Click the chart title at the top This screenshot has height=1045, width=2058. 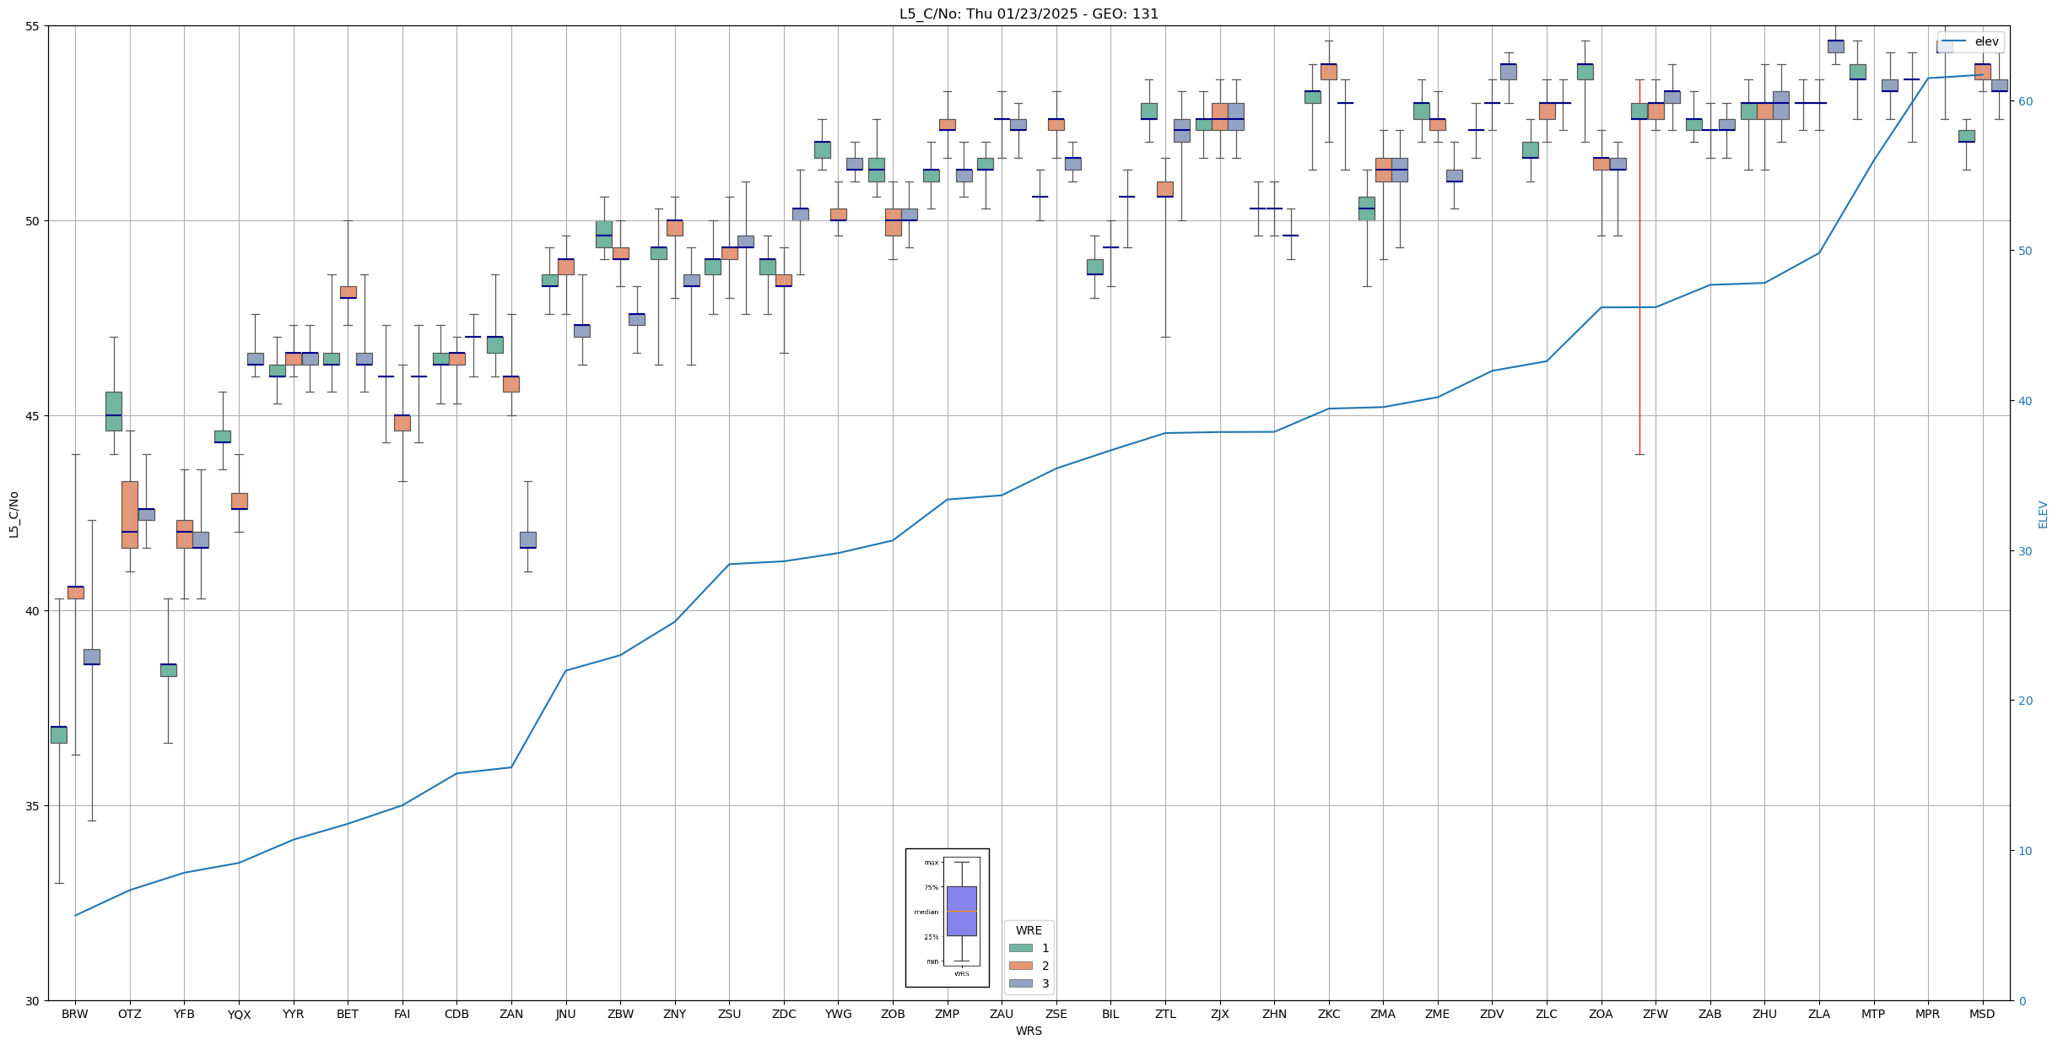[1029, 14]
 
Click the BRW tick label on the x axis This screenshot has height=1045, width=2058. [75, 1014]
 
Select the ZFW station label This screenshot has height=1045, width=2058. [1655, 1014]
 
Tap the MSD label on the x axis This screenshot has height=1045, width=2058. [1982, 1014]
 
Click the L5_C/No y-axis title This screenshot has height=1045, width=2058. [14, 514]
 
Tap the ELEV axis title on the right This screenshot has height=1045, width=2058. [2043, 514]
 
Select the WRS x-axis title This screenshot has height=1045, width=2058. [1029, 1031]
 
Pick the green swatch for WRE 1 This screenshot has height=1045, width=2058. [1020, 948]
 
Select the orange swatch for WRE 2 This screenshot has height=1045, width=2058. [1020, 966]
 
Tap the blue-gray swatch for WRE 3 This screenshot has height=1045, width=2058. [1020, 983]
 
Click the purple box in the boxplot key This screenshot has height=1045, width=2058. [961, 911]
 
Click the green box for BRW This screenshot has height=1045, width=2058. [59, 734]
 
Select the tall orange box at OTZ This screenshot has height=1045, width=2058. [130, 514]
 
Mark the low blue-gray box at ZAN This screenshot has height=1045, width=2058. [528, 539]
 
